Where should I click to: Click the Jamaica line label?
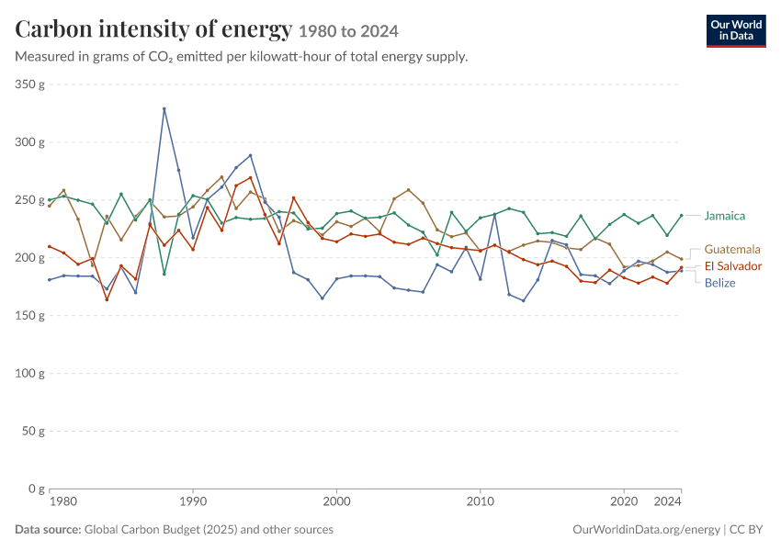coord(724,216)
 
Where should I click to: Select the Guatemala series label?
coord(732,249)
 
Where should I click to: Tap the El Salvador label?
coord(732,265)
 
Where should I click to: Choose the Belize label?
coord(719,283)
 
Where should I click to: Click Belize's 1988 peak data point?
coord(164,108)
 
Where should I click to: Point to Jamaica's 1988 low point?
coord(164,274)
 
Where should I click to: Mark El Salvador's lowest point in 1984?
coord(107,299)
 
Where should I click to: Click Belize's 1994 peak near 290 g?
coord(251,155)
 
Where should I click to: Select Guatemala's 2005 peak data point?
coord(409,190)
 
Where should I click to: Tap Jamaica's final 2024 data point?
coord(682,216)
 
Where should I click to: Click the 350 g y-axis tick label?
coord(29,84)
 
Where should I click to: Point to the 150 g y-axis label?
coord(29,315)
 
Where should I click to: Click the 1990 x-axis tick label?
coord(193,501)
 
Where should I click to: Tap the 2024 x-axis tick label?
coord(667,501)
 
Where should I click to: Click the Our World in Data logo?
coord(736,31)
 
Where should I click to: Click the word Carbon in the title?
coord(52,28)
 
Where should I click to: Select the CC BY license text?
coord(746,529)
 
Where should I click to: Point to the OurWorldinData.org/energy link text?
coord(646,529)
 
